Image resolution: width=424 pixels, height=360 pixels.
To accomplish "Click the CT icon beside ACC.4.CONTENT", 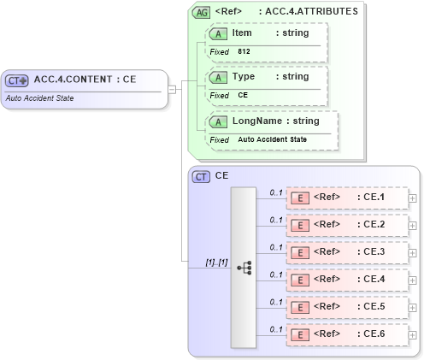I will (x=17, y=80).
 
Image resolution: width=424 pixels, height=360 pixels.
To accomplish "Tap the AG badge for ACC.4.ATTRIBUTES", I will (x=201, y=12).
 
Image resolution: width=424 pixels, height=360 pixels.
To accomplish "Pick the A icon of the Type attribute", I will (x=218, y=77).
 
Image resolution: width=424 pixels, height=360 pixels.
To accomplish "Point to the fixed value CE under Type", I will (x=243, y=96).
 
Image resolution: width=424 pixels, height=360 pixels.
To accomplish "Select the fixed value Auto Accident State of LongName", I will (x=272, y=139).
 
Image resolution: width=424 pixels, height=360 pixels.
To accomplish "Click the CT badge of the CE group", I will (x=201, y=176).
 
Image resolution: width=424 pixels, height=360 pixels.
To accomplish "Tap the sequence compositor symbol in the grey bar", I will (x=244, y=267).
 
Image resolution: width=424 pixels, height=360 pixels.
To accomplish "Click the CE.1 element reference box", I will (x=346, y=198).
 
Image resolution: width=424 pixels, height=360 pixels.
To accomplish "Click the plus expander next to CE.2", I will (x=413, y=226).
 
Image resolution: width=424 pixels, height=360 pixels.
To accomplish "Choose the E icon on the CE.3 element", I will (x=300, y=253).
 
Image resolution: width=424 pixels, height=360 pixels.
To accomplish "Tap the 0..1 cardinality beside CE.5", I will (x=275, y=301).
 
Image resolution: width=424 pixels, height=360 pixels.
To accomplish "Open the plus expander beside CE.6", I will (x=413, y=334).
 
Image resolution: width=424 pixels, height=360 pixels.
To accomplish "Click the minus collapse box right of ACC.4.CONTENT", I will (x=172, y=88).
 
